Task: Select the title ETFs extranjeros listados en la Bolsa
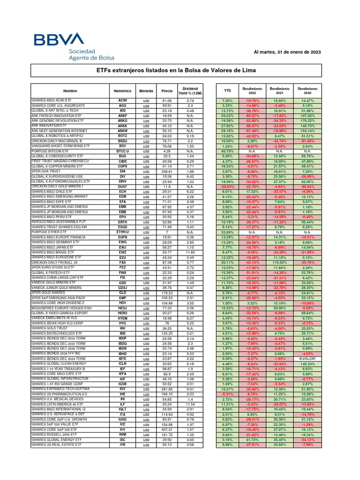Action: coord(178,70)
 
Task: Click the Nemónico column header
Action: coord(122,90)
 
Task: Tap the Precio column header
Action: coord(167,90)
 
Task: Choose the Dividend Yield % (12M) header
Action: coord(190,90)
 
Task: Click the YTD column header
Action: coord(227,90)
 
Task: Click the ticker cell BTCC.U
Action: coord(122,151)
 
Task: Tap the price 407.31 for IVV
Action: coord(167,429)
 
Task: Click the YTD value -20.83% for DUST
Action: coord(227,186)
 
